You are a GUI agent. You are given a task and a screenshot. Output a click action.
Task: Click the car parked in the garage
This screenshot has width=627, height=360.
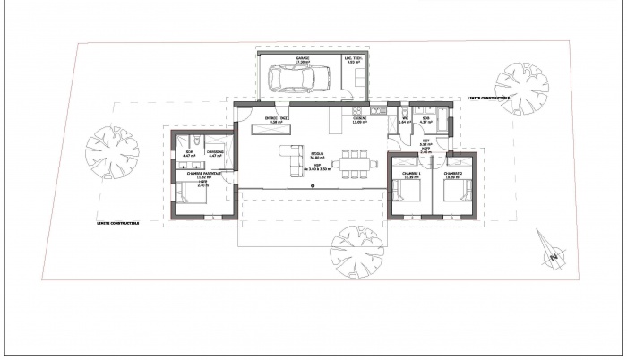point(296,80)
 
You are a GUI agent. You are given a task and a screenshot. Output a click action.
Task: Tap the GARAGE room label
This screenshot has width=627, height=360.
point(304,59)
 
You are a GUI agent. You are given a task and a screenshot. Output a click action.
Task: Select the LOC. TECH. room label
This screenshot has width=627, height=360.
point(354,59)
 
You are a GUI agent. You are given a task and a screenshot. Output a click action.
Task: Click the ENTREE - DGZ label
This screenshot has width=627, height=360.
point(275,117)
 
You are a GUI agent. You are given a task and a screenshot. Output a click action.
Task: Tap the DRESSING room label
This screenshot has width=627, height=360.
point(215,152)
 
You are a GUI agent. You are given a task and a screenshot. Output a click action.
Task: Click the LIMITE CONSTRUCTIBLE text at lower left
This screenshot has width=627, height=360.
point(118,223)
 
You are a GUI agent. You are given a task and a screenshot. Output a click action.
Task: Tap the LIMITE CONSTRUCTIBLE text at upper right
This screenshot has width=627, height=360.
point(488,98)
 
